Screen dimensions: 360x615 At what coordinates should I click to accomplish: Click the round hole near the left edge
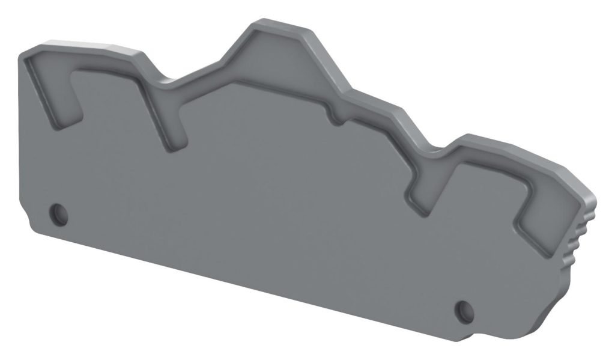(x=58, y=212)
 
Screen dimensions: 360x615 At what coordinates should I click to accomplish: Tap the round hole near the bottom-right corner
(x=463, y=310)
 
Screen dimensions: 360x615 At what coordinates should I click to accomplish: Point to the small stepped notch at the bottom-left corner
(x=24, y=219)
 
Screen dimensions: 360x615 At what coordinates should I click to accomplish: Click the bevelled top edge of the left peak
(x=90, y=44)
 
